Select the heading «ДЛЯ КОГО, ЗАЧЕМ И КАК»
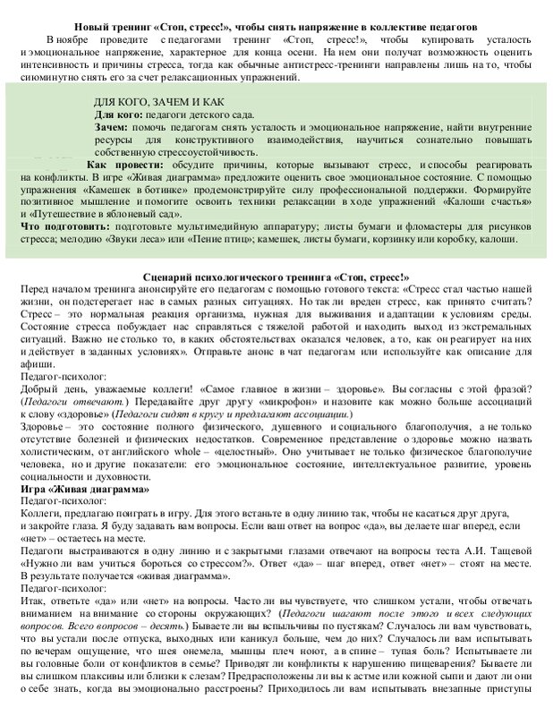tap(160, 102)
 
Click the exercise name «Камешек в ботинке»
tap(125, 190)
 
